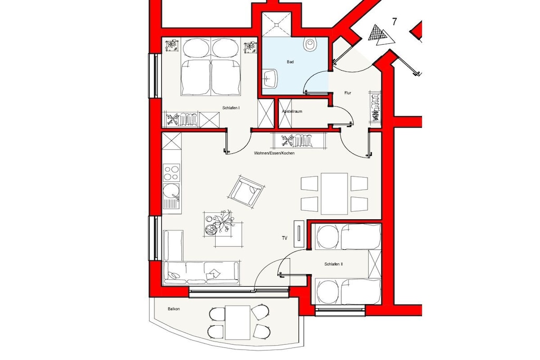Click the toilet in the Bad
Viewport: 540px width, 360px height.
[x=310, y=43]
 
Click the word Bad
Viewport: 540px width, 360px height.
[x=291, y=62]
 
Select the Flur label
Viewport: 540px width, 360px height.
[x=348, y=93]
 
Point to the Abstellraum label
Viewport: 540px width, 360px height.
[x=292, y=112]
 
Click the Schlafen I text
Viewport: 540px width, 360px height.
[x=231, y=108]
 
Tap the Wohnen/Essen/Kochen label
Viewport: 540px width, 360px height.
[x=274, y=153]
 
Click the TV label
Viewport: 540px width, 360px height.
[x=284, y=238]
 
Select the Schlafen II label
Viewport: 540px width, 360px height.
[x=333, y=264]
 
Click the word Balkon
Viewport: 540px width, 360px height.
[x=173, y=309]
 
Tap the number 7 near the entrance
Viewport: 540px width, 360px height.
[x=394, y=22]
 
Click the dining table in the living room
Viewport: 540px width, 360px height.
[x=334, y=194]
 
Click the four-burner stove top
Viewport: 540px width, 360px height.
[x=171, y=172]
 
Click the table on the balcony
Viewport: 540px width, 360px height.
[x=238, y=323]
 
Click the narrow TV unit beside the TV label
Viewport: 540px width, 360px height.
[x=299, y=233]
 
